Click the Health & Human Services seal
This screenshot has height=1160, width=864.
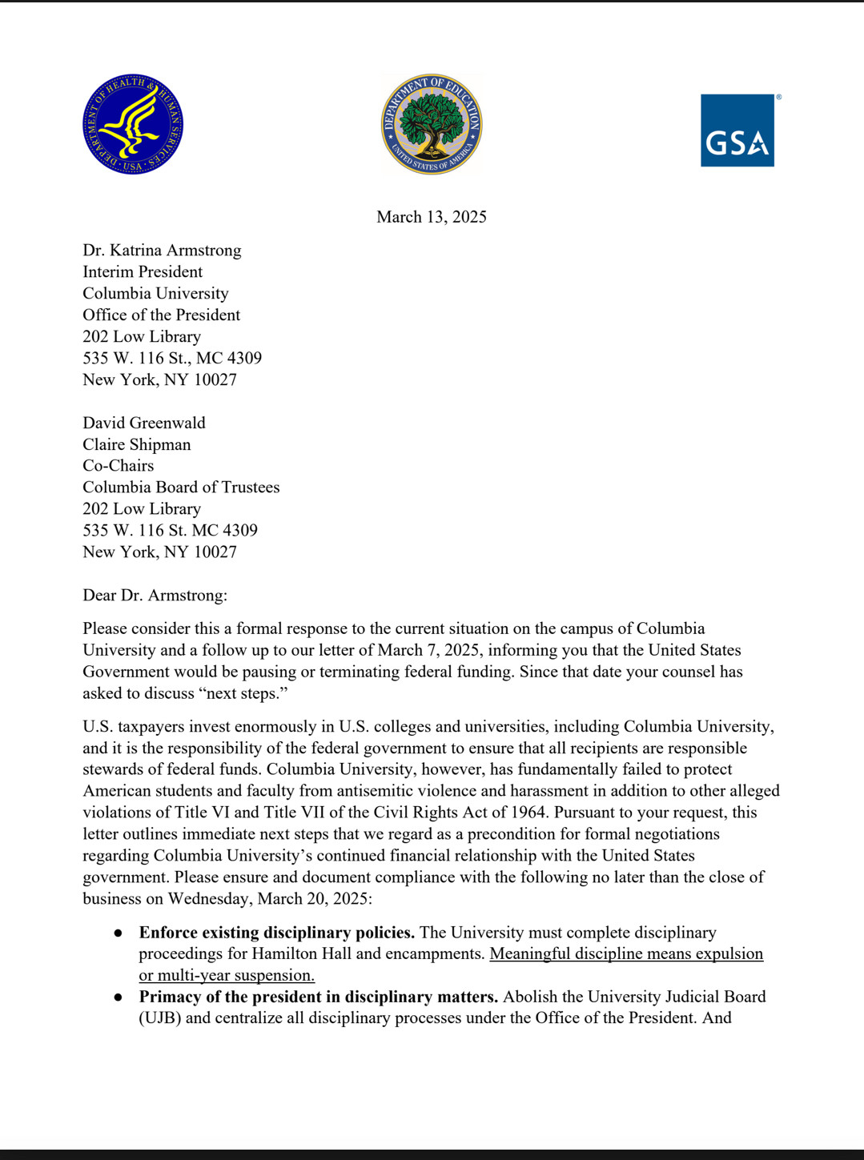click(x=133, y=124)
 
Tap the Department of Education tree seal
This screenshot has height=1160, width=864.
click(x=432, y=124)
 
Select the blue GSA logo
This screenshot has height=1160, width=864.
click(x=737, y=130)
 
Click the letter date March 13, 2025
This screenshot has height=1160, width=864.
click(x=432, y=217)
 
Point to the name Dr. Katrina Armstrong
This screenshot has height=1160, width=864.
click(x=162, y=251)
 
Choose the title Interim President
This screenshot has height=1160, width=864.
click(x=143, y=272)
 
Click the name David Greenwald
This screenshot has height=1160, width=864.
click(x=144, y=423)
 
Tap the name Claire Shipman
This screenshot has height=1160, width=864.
click(x=137, y=444)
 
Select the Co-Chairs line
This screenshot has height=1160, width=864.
click(x=119, y=466)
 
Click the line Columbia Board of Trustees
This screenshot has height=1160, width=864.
click(x=181, y=488)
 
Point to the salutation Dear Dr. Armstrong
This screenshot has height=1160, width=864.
click(x=155, y=596)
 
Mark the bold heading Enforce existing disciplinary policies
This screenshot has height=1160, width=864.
click(x=276, y=933)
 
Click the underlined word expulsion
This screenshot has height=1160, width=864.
click(x=728, y=954)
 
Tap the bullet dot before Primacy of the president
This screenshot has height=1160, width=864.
click(x=118, y=997)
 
